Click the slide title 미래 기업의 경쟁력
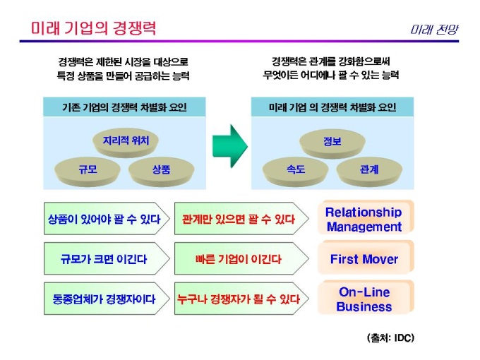tap(93, 28)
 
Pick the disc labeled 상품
tap(161, 169)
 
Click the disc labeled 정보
tap(332, 140)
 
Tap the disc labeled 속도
tap(295, 169)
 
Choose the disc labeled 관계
tap(368, 169)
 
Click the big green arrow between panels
tap(229, 143)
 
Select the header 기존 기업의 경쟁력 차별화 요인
tap(124, 107)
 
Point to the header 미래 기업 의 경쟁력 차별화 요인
tap(332, 107)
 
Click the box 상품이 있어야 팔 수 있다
tap(103, 220)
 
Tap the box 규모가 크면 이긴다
tap(103, 259)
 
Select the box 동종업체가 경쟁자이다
tap(103, 299)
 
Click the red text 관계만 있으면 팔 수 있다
tap(238, 220)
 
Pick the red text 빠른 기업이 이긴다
tap(238, 259)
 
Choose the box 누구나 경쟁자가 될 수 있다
tap(238, 299)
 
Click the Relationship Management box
tap(364, 220)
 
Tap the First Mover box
tap(364, 259)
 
